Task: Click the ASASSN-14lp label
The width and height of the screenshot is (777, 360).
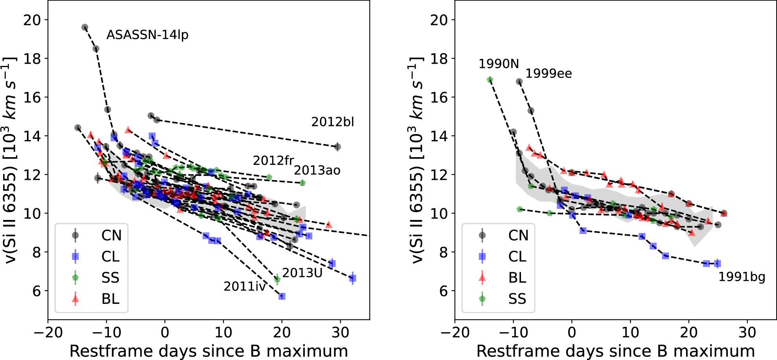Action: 147,35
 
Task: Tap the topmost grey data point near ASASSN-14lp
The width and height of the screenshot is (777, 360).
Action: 85,27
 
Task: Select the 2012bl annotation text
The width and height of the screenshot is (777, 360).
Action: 332,122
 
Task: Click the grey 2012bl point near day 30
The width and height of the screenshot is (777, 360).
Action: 338,147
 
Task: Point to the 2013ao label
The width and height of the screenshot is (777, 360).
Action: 317,170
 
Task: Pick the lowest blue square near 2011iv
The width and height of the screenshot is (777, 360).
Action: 282,296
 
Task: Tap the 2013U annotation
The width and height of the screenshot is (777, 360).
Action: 302,273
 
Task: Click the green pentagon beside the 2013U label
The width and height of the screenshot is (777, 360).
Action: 277,279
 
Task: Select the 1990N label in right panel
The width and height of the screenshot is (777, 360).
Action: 499,64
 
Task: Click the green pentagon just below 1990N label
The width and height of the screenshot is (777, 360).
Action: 490,80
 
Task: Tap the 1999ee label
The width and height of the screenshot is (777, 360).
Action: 548,74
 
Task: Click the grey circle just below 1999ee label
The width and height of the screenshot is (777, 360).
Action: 519,82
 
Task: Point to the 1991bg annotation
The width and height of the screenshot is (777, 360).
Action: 741,277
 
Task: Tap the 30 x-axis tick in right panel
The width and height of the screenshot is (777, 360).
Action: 747,333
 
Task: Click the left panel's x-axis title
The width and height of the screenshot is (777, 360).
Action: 208,351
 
